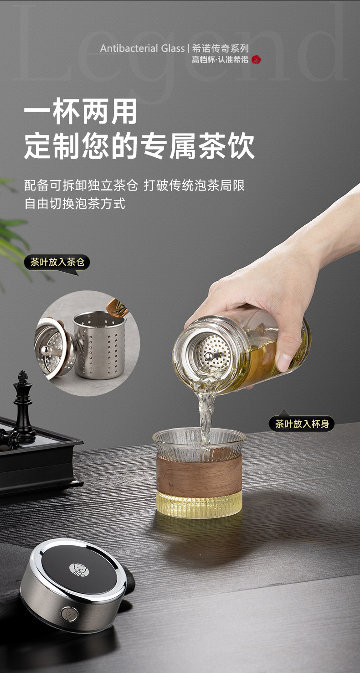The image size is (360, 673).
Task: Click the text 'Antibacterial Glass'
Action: (x=142, y=48)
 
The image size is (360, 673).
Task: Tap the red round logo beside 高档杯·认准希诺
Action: (x=256, y=60)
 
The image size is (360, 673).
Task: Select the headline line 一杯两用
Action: (x=81, y=111)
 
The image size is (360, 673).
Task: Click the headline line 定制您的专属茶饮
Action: (x=139, y=146)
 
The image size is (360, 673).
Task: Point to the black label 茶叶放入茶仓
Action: (x=57, y=262)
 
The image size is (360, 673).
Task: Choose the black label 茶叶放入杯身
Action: (x=302, y=424)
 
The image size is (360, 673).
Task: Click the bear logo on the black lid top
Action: (x=79, y=569)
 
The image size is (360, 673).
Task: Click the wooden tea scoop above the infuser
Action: (x=117, y=308)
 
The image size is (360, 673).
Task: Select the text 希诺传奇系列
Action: (x=221, y=48)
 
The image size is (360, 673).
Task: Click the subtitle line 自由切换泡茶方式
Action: (x=75, y=204)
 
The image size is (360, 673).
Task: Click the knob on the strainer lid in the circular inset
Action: (x=45, y=350)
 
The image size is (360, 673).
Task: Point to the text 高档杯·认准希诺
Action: (x=220, y=60)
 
